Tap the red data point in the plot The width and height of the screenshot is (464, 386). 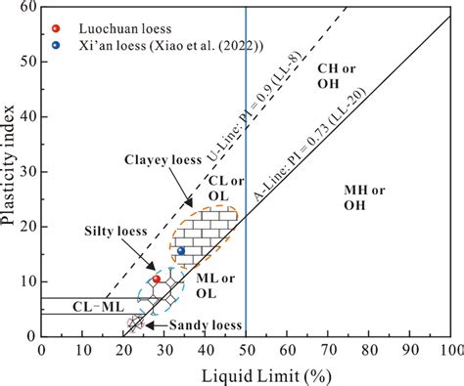(x=156, y=279)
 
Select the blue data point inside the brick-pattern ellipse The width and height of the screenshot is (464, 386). (x=181, y=251)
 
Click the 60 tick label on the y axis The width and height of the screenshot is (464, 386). (x=26, y=8)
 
